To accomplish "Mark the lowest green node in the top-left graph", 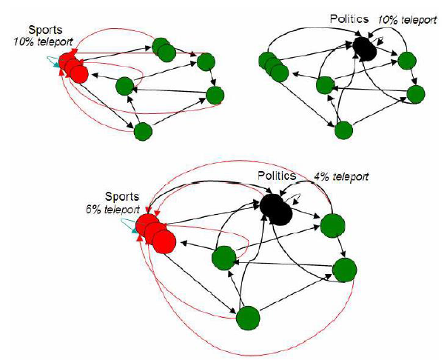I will (x=144, y=131).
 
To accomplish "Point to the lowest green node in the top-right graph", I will (x=343, y=130).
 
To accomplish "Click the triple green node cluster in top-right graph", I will (x=273, y=67).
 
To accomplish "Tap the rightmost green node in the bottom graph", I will (x=343, y=270).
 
